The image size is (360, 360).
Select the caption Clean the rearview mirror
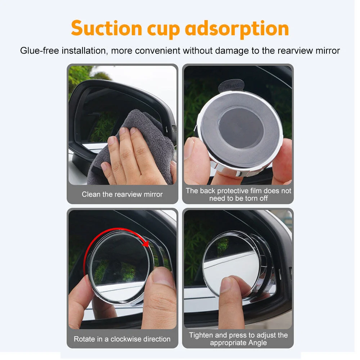pyautogui.click(x=122, y=194)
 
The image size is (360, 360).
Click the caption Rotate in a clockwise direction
pyautogui.click(x=122, y=339)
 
